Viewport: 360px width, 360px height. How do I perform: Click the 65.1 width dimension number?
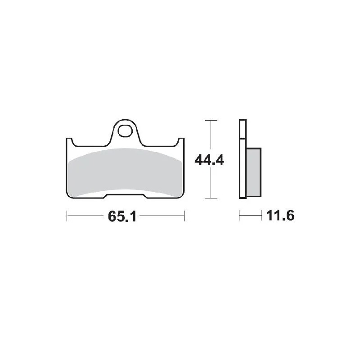click(x=121, y=216)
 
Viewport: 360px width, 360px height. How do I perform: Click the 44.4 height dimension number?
click(x=209, y=160)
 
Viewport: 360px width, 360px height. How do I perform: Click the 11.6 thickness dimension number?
click(x=280, y=216)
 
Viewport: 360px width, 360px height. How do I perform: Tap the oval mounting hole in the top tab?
click(x=125, y=131)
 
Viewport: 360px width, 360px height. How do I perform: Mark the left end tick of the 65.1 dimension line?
click(x=67, y=216)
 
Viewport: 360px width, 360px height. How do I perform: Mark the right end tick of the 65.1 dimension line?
click(x=184, y=216)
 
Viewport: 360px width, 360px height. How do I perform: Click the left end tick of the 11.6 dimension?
click(x=239, y=216)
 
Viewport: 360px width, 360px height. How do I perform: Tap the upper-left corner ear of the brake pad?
click(x=69, y=141)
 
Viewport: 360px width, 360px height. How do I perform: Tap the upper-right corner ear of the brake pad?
click(x=181, y=141)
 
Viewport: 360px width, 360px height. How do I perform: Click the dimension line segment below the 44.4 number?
click(x=210, y=184)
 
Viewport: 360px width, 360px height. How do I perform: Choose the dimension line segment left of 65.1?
click(x=85, y=216)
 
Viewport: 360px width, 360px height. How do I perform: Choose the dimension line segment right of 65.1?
click(x=162, y=216)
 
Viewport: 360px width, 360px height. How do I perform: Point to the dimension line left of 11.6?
click(x=250, y=216)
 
